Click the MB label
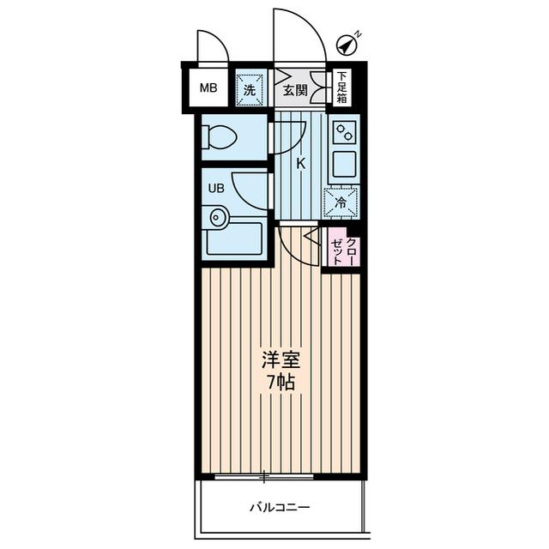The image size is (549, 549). point(208,87)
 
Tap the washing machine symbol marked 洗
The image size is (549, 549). point(250,87)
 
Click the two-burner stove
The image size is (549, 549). point(344,132)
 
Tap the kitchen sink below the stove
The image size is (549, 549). point(343,166)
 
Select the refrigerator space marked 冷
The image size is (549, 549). point(341,203)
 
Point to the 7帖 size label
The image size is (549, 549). point(281,383)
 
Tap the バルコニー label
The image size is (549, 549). point(280,507)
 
